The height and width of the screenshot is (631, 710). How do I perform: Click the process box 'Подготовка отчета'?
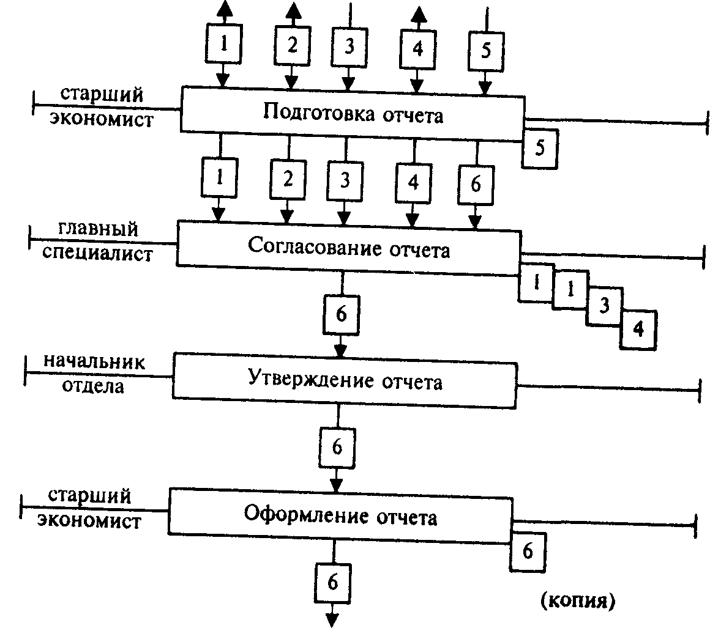click(352, 113)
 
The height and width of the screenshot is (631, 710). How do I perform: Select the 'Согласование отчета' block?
click(348, 249)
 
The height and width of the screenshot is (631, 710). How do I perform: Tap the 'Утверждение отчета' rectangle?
click(345, 381)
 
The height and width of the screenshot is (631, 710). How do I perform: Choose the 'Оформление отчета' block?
click(340, 517)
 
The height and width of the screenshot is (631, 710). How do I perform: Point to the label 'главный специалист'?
click(99, 243)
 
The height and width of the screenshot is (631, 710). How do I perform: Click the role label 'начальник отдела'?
click(94, 374)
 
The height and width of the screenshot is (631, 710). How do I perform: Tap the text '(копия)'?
click(576, 601)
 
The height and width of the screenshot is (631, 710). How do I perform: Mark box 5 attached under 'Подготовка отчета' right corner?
click(539, 149)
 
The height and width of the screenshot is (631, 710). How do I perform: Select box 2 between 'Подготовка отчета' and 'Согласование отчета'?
click(288, 180)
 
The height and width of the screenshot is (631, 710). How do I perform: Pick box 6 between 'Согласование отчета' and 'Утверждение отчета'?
click(341, 315)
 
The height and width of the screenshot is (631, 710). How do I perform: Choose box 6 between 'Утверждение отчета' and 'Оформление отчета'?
click(336, 447)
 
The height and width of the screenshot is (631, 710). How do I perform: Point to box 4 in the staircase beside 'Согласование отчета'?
click(638, 329)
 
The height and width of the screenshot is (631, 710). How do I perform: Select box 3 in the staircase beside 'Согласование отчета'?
click(604, 306)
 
